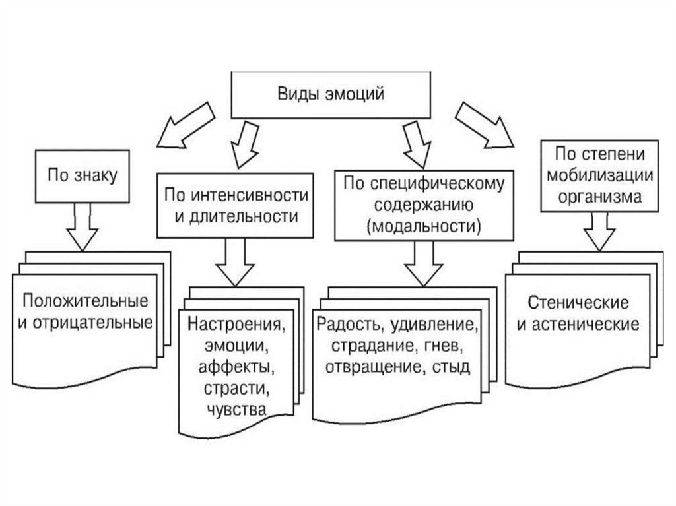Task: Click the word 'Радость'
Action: click(x=348, y=326)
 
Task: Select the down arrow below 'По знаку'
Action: click(x=83, y=226)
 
